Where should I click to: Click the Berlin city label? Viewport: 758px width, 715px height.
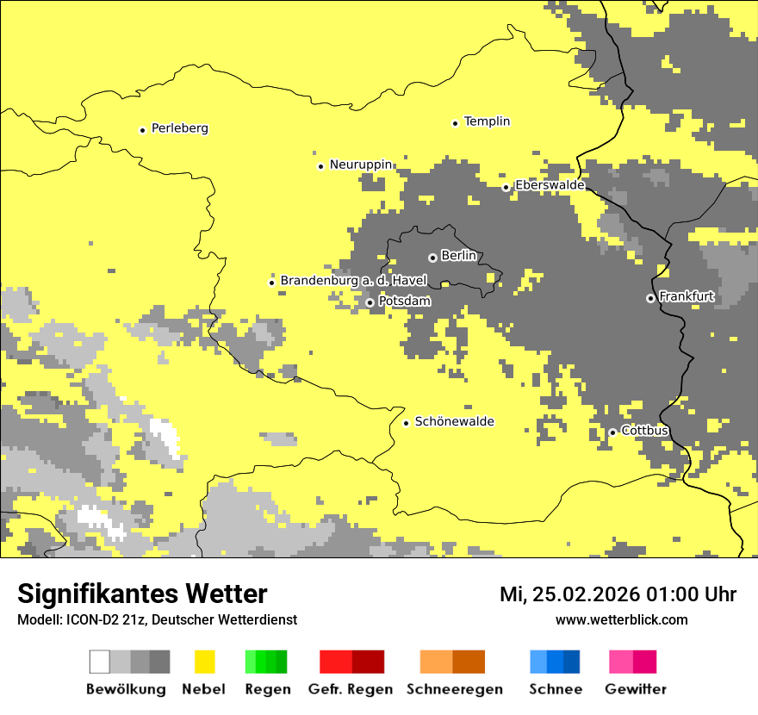pos(458,256)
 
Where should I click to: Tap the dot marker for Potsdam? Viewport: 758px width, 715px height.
pos(370,302)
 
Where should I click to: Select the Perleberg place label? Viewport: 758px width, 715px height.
pos(179,128)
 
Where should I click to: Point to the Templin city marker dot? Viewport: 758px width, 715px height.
pos(455,123)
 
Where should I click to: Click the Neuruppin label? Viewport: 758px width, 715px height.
pos(361,165)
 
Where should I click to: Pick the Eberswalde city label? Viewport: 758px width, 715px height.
pos(550,185)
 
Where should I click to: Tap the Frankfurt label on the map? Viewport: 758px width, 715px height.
pos(687,296)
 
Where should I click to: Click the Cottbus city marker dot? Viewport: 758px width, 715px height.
pos(612,432)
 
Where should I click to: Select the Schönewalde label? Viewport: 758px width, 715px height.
pos(455,421)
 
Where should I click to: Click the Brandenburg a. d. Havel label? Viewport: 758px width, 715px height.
pos(353,281)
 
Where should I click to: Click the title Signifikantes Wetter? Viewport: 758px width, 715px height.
pos(142,594)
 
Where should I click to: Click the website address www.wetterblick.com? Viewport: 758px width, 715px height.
pos(621,619)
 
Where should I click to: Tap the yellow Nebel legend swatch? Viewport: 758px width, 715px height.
pos(205,662)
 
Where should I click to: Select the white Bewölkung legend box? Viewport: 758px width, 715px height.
pos(100,662)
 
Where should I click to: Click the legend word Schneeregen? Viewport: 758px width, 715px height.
pos(454,689)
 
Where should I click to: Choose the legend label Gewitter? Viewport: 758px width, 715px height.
pos(635,689)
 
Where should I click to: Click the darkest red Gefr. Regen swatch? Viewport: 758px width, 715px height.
pos(369,662)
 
